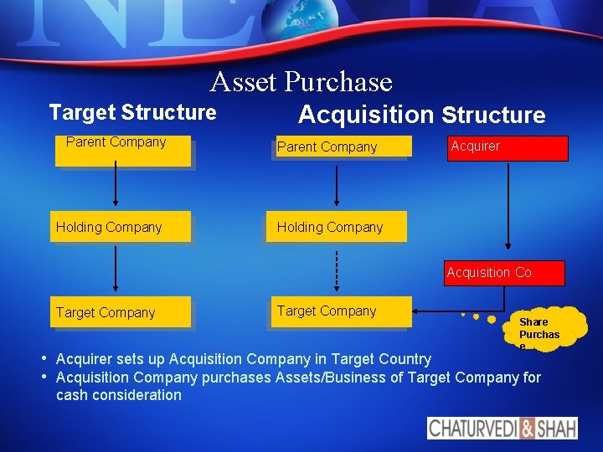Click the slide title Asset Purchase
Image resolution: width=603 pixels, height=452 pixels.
pyautogui.click(x=301, y=82)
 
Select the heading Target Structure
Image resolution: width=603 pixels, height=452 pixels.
pyautogui.click(x=132, y=112)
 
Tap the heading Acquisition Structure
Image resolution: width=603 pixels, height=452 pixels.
pyautogui.click(x=421, y=115)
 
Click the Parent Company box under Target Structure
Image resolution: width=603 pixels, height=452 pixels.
pyautogui.click(x=123, y=151)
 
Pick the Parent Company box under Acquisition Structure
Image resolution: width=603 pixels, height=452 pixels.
pyautogui.click(x=342, y=147)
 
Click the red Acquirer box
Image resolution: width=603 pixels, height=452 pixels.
pyautogui.click(x=508, y=147)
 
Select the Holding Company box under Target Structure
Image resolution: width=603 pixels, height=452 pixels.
pyautogui.click(x=120, y=227)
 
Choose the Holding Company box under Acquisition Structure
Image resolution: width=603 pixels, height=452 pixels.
pyautogui.click(x=336, y=227)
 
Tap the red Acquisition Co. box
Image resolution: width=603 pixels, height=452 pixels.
pyautogui.click(x=504, y=273)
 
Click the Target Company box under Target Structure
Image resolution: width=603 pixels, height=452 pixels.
pyautogui.click(x=120, y=312)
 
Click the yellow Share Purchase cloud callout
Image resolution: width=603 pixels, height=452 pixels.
pyautogui.click(x=546, y=328)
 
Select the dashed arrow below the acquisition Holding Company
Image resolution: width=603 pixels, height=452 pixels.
pyautogui.click(x=336, y=270)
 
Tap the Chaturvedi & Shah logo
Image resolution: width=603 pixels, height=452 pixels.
pyautogui.click(x=502, y=428)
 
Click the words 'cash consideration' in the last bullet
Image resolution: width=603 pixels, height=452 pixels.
pyautogui.click(x=118, y=395)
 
